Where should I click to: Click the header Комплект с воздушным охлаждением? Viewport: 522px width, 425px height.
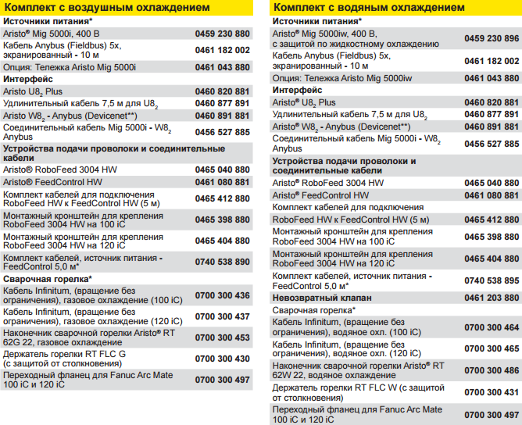pos(107,7)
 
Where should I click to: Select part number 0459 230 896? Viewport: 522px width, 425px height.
pos(491,38)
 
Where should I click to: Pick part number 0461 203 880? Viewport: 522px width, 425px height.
pos(491,298)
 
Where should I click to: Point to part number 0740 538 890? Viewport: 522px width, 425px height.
pos(222,262)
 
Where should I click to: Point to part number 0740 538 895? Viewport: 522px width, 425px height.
pos(491,280)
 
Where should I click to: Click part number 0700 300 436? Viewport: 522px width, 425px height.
pos(222,295)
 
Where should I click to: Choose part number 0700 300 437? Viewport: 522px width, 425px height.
pos(222,316)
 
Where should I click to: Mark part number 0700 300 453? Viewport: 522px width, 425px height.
pos(222,337)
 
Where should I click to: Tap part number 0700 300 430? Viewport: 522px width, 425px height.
pos(222,358)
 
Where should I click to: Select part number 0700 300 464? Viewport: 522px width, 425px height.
pos(491,327)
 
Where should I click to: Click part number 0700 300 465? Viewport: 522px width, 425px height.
pos(491,348)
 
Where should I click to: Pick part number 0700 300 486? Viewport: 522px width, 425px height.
pos(491,370)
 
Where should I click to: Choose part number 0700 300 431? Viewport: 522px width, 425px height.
pos(491,391)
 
